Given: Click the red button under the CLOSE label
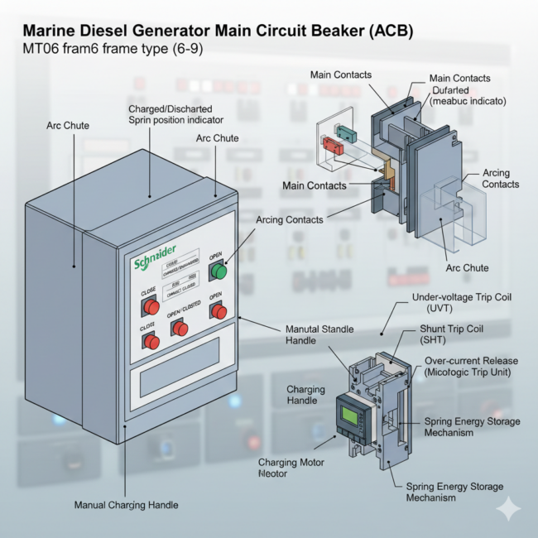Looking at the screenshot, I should [x=151, y=307].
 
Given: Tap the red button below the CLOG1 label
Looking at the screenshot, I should [x=151, y=341].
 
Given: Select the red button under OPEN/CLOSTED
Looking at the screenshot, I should [x=180, y=329].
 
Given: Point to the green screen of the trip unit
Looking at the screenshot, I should [x=348, y=411].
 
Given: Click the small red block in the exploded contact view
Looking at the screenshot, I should [x=334, y=147].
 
